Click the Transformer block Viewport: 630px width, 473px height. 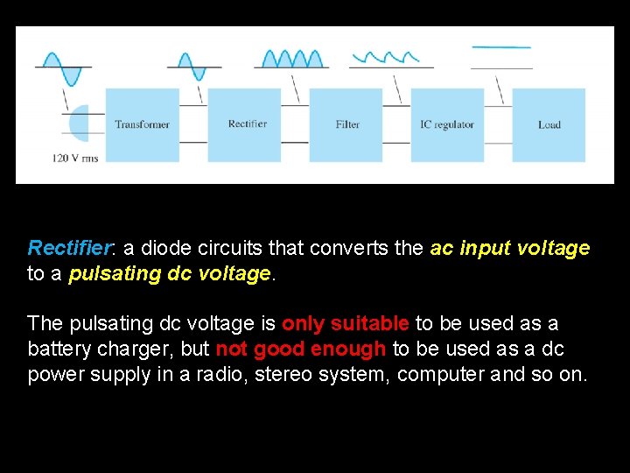142,124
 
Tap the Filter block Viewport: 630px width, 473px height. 346,124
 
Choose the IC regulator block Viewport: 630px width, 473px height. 447,124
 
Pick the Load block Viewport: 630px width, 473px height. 549,124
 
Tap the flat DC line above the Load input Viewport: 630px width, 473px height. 501,47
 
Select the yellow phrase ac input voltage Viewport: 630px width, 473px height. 510,248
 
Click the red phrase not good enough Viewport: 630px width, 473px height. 300,349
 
